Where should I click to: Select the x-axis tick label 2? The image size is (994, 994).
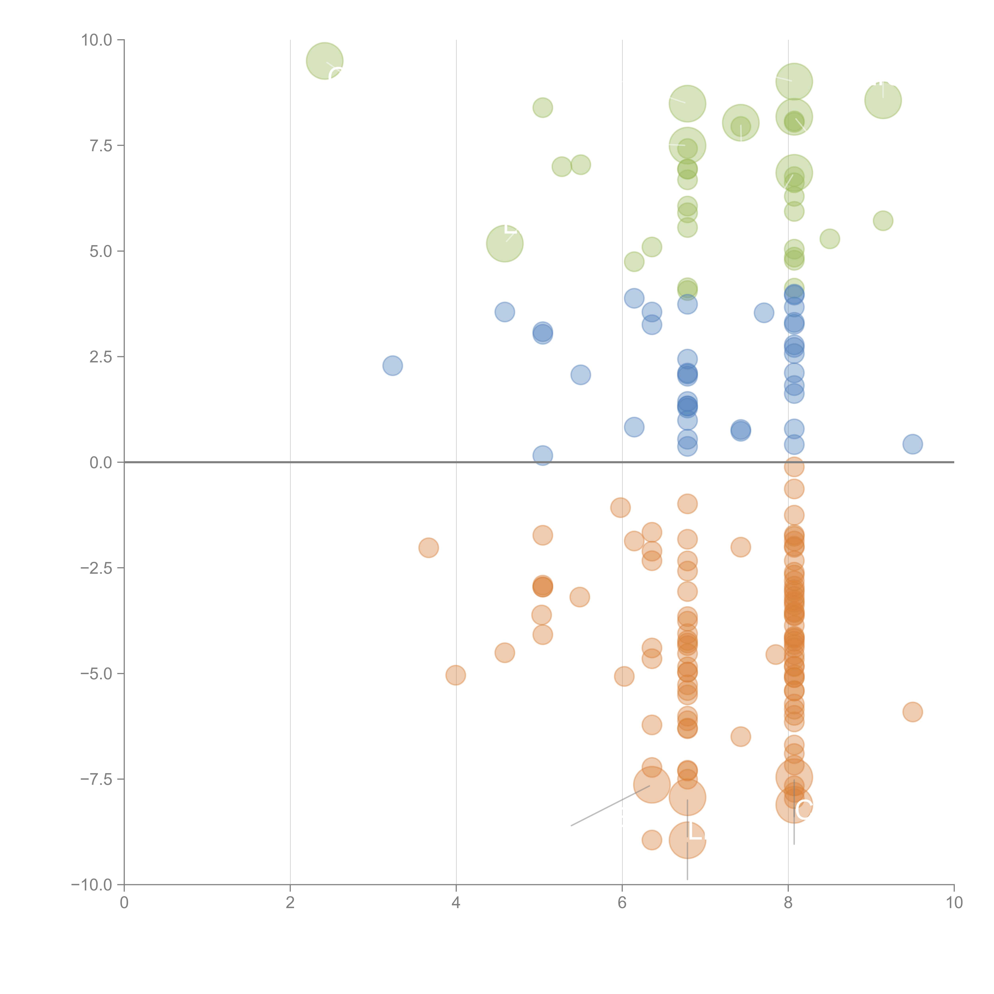tap(290, 903)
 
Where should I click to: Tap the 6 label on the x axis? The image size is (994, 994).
tap(622, 903)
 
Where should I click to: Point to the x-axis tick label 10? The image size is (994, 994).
tap(954, 903)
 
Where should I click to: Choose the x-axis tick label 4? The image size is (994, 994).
tap(456, 903)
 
